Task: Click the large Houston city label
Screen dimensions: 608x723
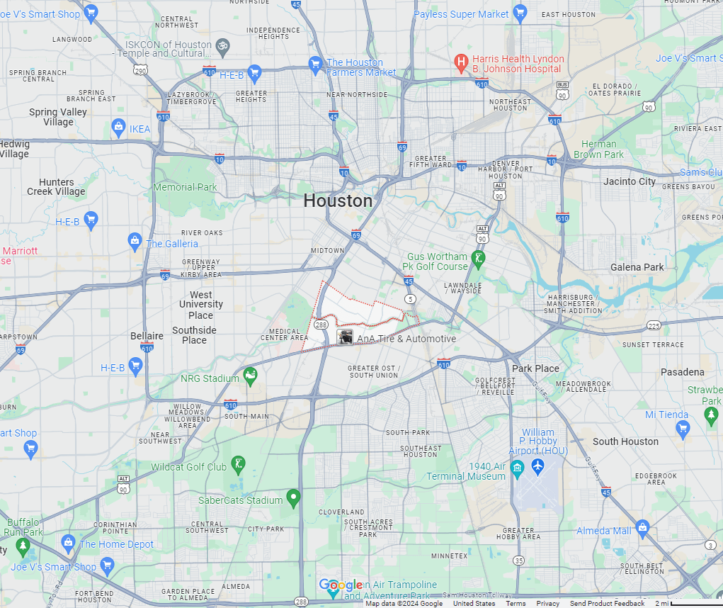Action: (x=338, y=201)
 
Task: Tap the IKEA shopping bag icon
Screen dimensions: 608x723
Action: (x=119, y=128)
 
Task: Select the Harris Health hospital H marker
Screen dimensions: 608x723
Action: (x=462, y=63)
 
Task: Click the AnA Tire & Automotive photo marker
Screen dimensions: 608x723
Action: (x=345, y=338)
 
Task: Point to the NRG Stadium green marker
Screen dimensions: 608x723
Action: (x=249, y=377)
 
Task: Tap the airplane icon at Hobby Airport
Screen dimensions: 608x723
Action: (x=537, y=467)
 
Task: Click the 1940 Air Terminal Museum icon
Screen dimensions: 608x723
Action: (x=517, y=467)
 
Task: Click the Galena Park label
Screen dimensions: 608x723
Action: (x=637, y=267)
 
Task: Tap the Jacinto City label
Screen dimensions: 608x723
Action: (x=630, y=181)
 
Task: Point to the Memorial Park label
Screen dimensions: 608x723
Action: (x=185, y=187)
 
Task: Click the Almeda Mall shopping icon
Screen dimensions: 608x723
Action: (x=642, y=528)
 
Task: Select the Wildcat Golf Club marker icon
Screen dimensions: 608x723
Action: (x=238, y=465)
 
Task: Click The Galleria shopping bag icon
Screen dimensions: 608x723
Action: (x=135, y=242)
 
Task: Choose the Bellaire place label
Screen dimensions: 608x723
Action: (x=147, y=336)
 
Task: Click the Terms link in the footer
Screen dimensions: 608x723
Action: (x=516, y=603)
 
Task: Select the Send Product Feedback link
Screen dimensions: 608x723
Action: (x=607, y=603)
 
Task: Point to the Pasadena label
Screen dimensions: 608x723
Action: (x=683, y=372)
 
